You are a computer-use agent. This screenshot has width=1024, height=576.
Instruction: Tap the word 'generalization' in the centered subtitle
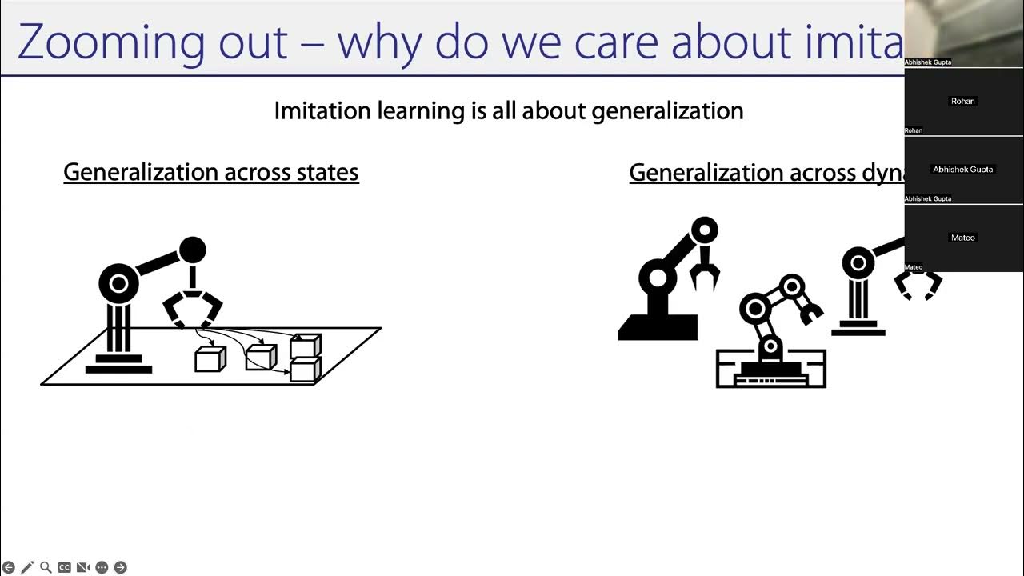[667, 110]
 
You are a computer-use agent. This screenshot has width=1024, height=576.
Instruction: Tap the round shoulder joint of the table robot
[118, 282]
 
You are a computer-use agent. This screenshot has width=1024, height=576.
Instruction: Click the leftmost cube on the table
[210, 359]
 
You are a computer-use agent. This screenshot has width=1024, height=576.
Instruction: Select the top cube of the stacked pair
[305, 346]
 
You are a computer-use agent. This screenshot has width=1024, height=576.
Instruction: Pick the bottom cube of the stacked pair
[305, 370]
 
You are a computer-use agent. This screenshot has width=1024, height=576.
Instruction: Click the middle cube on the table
[260, 357]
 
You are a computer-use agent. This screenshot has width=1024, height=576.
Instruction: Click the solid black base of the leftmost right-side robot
[658, 327]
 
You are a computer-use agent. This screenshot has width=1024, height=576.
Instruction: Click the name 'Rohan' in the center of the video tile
[963, 102]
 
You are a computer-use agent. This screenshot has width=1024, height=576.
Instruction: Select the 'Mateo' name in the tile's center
[963, 238]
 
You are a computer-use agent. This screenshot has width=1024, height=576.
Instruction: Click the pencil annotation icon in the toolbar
[27, 567]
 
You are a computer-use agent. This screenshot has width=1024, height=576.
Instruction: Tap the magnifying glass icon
[46, 567]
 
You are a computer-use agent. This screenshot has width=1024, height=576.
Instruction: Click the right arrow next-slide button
[120, 567]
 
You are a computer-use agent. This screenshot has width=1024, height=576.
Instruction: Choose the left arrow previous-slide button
[9, 567]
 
